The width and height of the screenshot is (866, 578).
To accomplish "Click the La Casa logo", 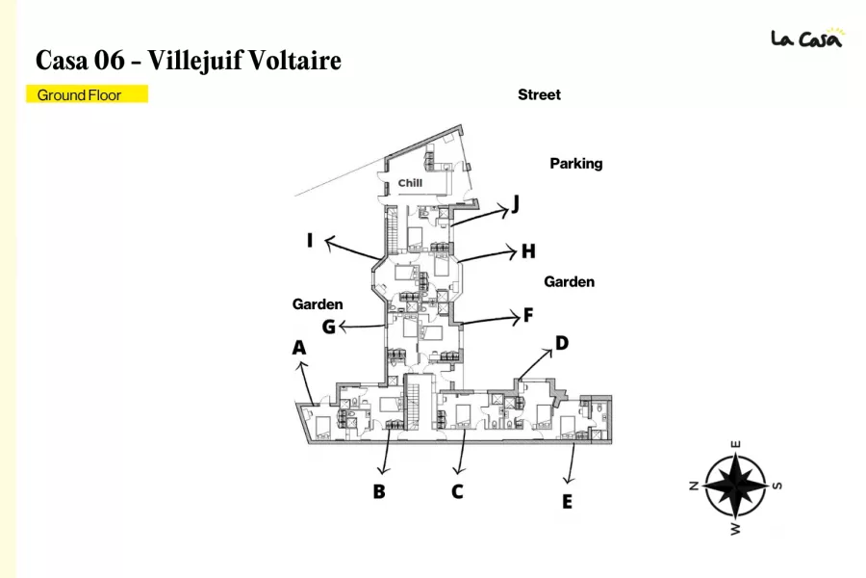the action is pos(807,38).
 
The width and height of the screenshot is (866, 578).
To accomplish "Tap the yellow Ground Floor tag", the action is pos(87,94).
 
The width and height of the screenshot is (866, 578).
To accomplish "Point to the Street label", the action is pos(539,94).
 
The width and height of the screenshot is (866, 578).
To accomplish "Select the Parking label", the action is pos(576,163).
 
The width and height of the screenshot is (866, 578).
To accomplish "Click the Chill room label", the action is pos(410,183).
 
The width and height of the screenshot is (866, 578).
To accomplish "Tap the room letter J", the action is pos(516,204).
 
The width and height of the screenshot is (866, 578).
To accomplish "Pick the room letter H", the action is pos(528,251).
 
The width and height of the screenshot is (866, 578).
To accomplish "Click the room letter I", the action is pos(310,240).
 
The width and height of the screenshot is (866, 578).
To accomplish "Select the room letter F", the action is pos(528,315).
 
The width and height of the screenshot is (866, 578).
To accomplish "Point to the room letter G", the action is pos(329,327).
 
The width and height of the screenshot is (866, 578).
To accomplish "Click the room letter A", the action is pos(299,348).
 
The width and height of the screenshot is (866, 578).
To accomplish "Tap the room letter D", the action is pos(562,344).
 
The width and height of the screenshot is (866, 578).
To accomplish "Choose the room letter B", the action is pos(379,491).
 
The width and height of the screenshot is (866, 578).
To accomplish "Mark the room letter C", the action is pos(457,491).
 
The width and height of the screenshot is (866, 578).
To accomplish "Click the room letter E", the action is pos(567,502).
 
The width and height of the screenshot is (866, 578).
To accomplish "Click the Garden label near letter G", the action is pos(318,304).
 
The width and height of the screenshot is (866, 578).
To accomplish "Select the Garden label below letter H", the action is pos(570,281).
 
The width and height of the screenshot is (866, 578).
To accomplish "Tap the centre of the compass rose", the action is pos(735,486).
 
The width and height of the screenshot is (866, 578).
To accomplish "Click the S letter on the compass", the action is pos(777,486).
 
